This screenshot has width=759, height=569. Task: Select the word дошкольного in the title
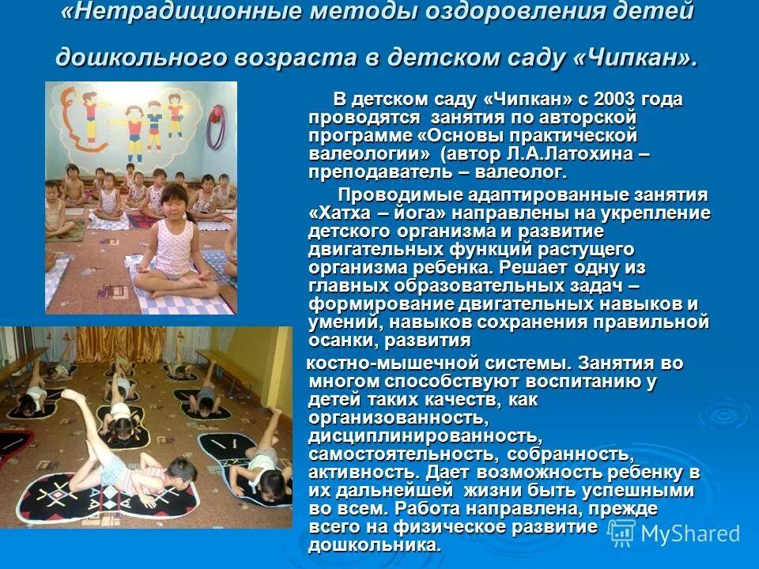[136, 57]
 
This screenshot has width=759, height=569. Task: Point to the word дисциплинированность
[425, 436]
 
